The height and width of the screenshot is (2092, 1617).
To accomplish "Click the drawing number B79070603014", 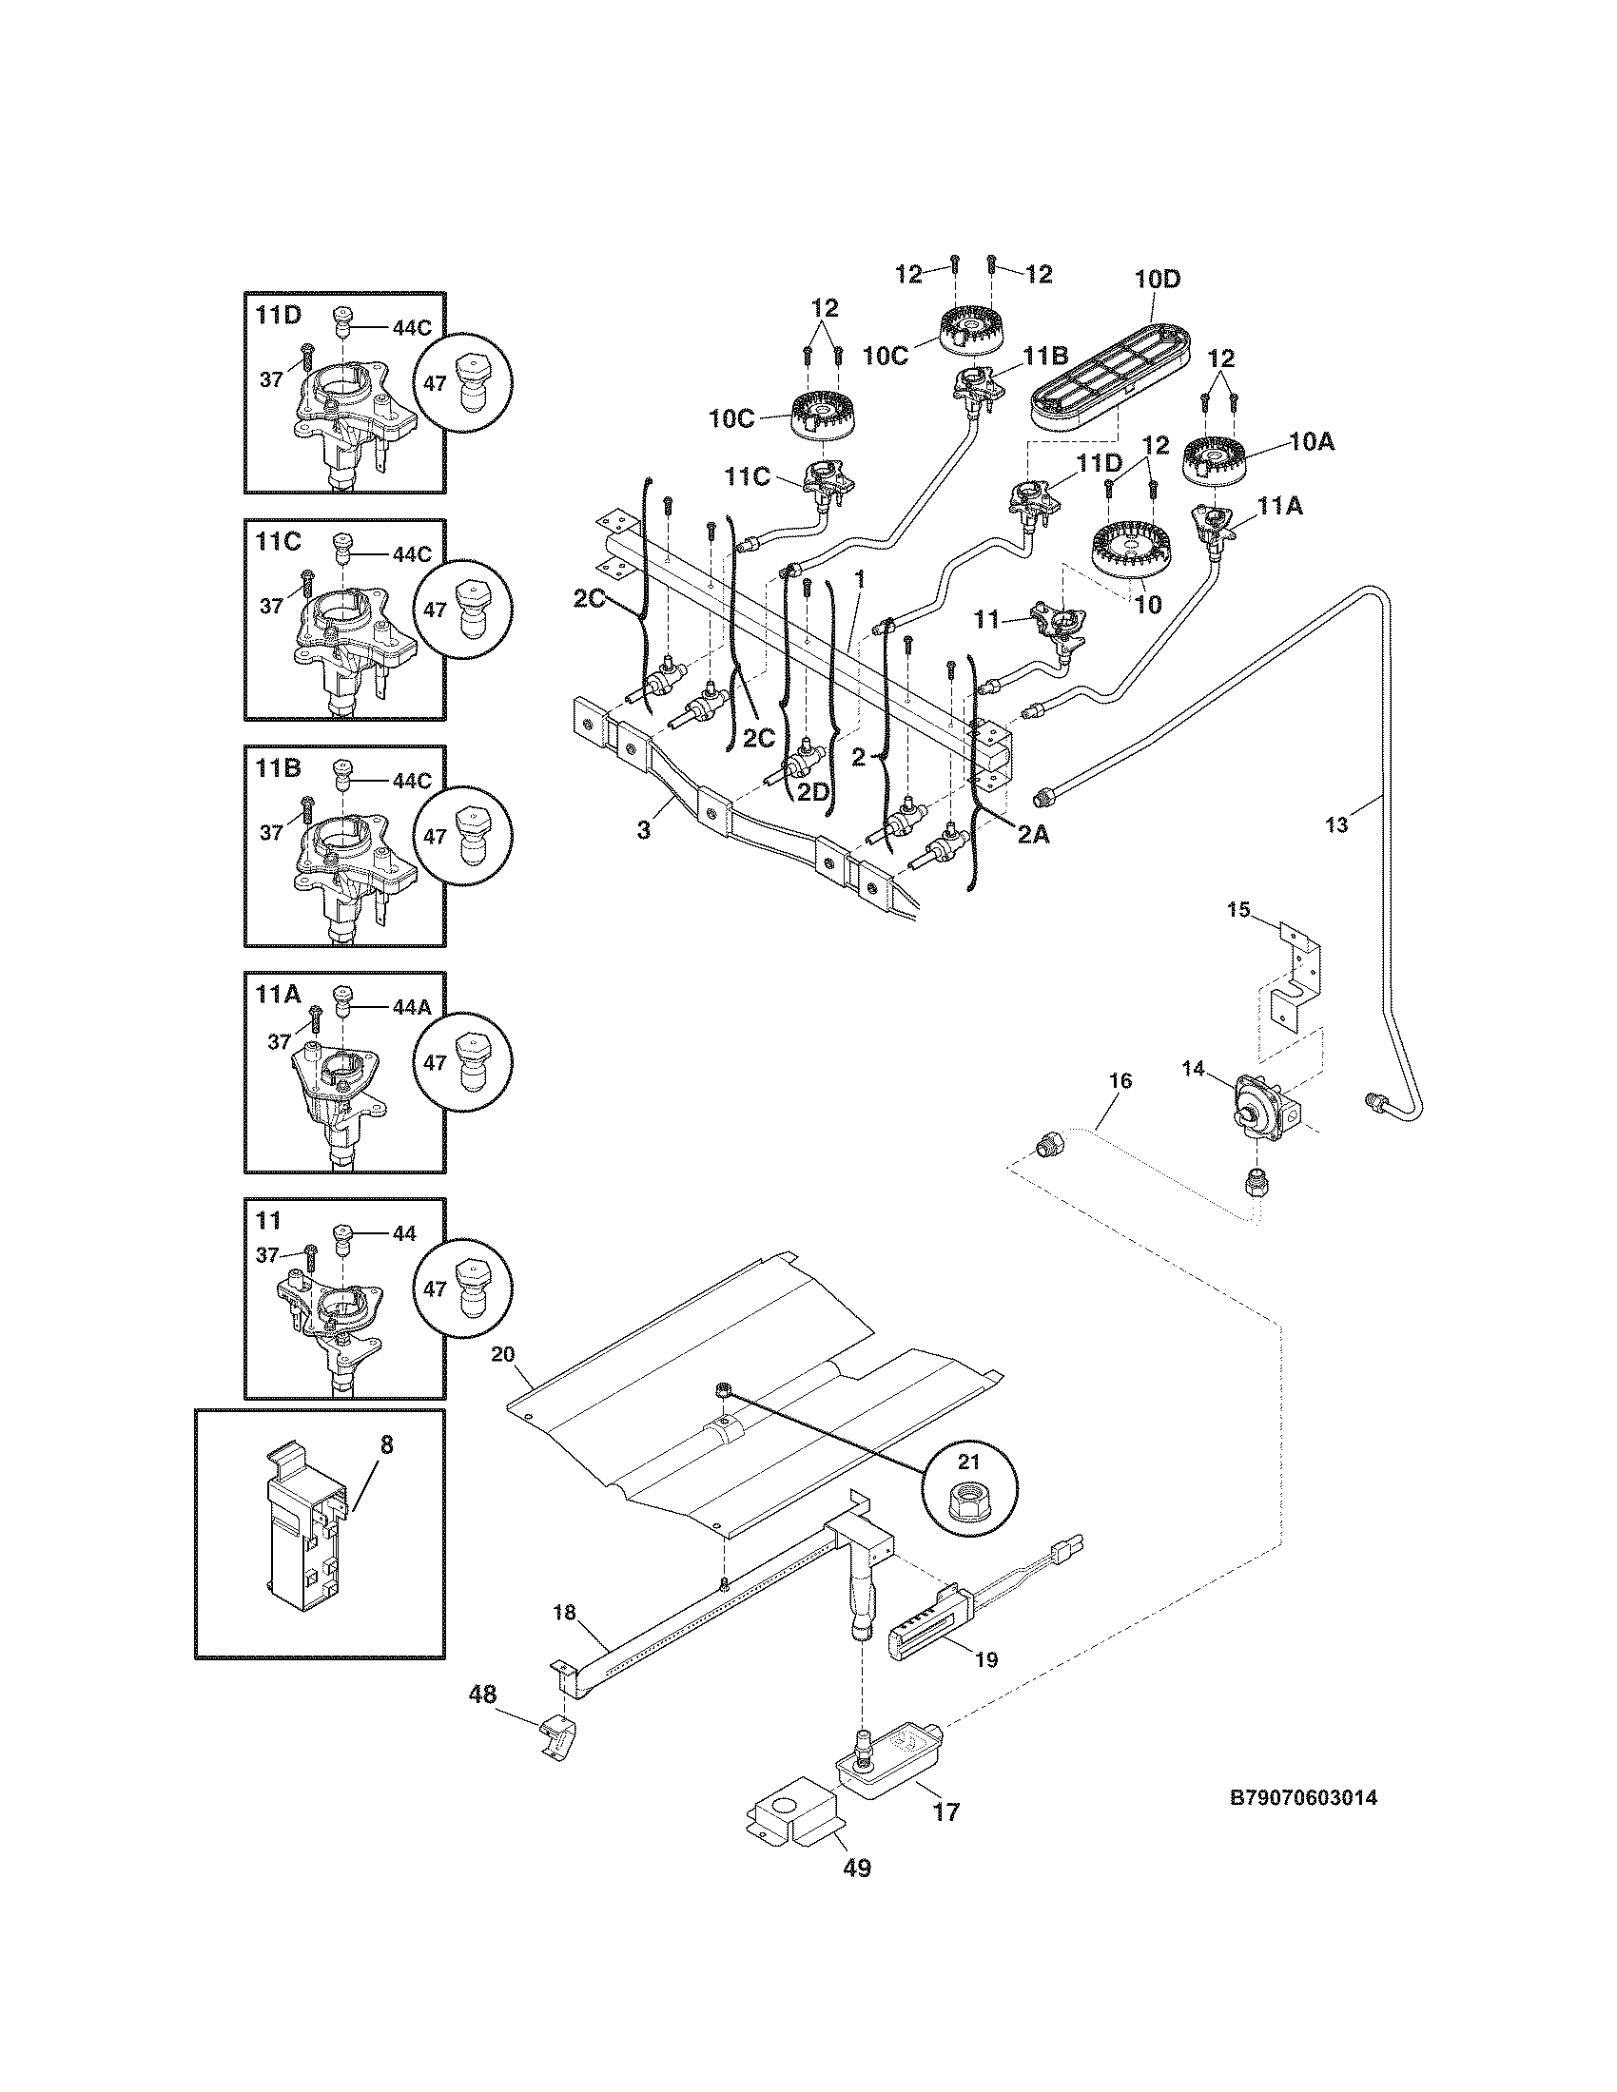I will [x=1303, y=1798].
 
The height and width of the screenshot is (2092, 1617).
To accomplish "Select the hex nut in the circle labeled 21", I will [x=969, y=1505].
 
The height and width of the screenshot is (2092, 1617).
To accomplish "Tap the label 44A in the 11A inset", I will [x=411, y=1008].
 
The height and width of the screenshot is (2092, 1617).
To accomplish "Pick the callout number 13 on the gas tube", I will [x=1336, y=823].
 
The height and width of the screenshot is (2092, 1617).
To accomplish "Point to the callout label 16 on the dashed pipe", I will [x=1120, y=1080].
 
